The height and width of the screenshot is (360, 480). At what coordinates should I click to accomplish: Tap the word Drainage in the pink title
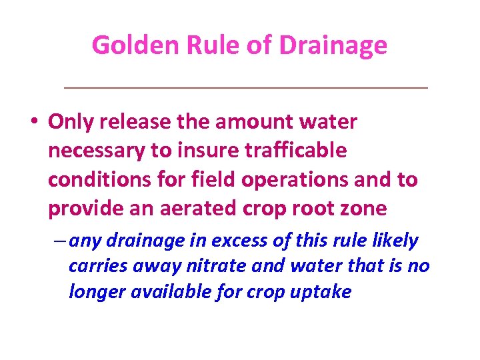click(x=333, y=45)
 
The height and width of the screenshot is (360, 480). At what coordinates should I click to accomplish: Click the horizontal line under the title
click(x=244, y=87)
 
